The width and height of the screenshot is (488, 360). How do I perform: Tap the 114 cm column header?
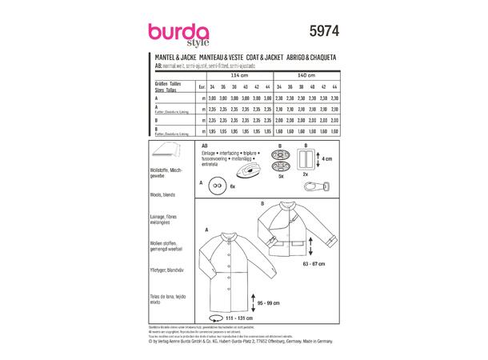pos(242,73)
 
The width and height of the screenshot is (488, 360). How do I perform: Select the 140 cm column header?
pos(307,73)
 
